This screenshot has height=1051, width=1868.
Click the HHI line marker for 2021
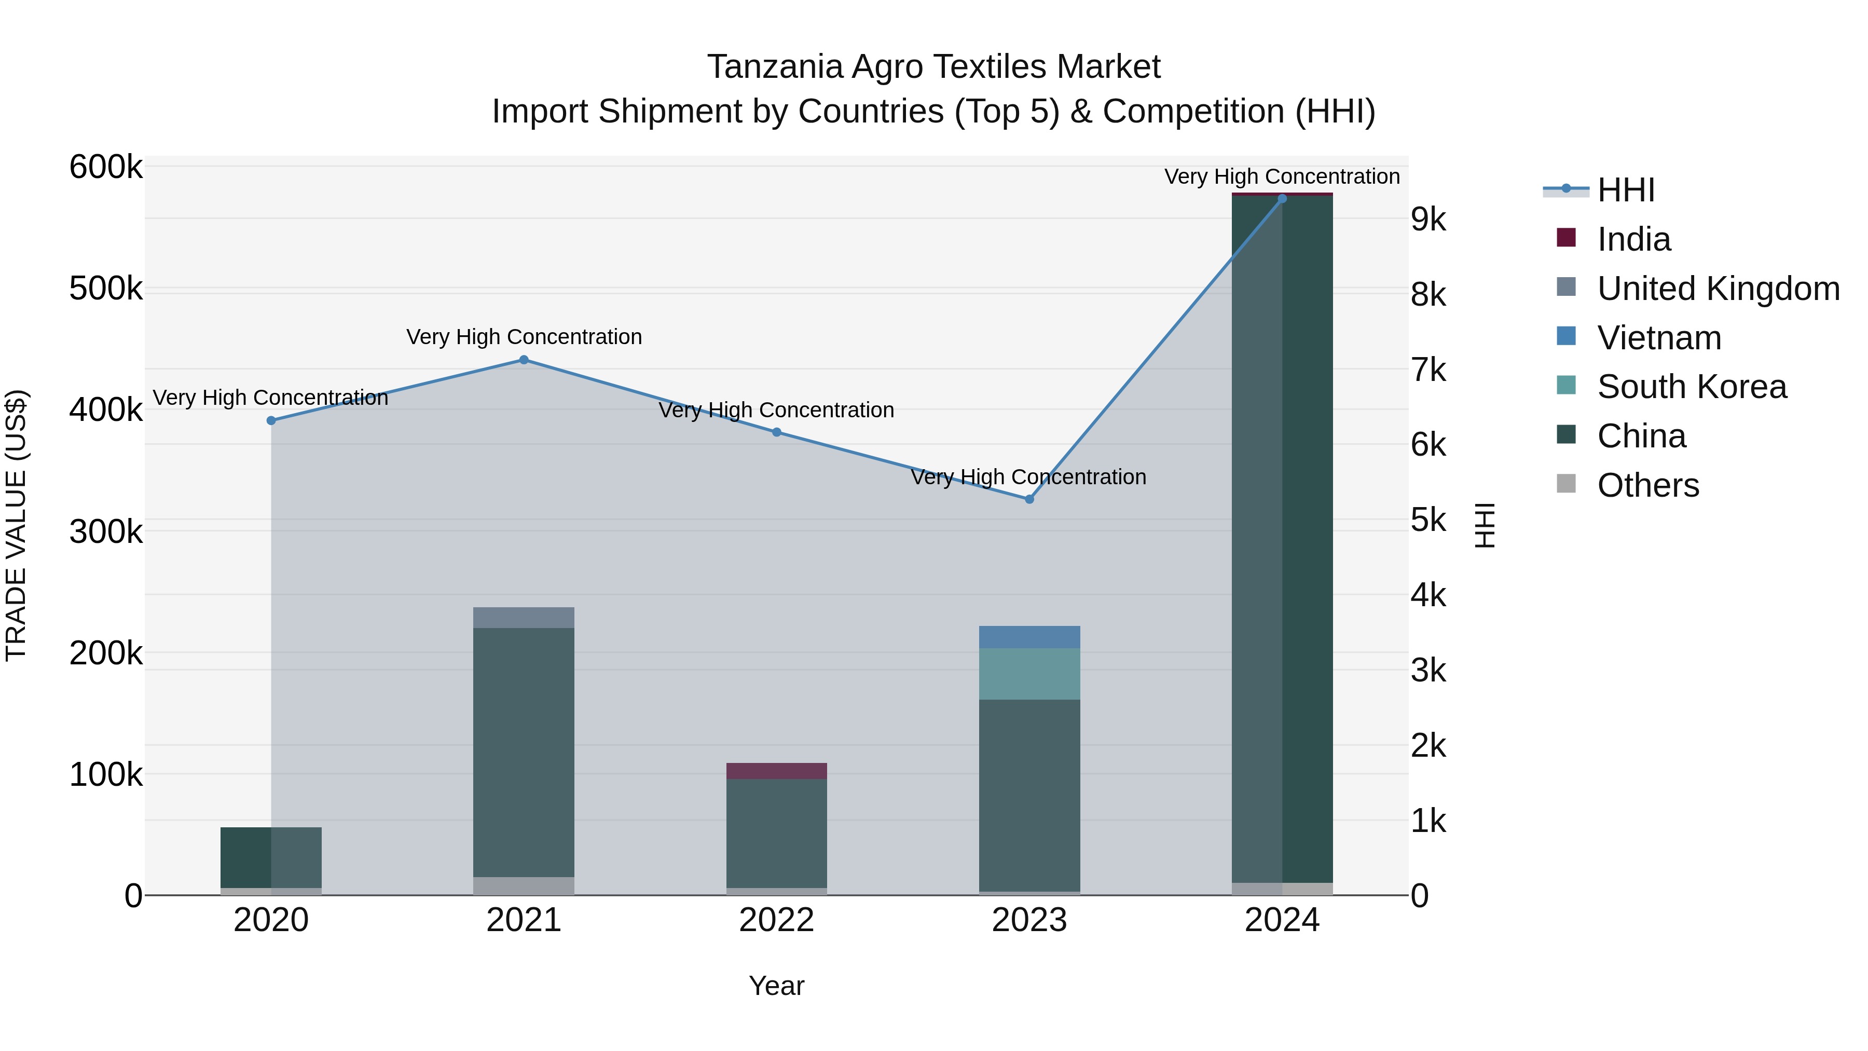pos(524,360)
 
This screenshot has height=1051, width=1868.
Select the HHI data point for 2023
pos(1029,499)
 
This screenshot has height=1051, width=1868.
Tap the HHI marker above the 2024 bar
pos(1282,199)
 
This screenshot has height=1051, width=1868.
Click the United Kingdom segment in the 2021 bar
pos(524,617)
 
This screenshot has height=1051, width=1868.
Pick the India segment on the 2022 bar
pos(777,771)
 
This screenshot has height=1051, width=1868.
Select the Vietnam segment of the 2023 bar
pos(1029,637)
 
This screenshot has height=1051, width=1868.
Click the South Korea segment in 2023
pos(1029,674)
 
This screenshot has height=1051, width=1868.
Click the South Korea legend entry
pos(1691,387)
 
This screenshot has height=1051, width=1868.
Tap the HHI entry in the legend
pos(1625,190)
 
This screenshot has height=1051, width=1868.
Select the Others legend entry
pos(1647,485)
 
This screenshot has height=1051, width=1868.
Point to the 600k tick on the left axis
pos(106,168)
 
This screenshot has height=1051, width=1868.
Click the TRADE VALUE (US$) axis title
pos(16,525)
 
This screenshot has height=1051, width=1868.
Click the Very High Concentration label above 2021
pos(524,337)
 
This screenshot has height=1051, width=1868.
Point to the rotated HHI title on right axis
pos(1485,525)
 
